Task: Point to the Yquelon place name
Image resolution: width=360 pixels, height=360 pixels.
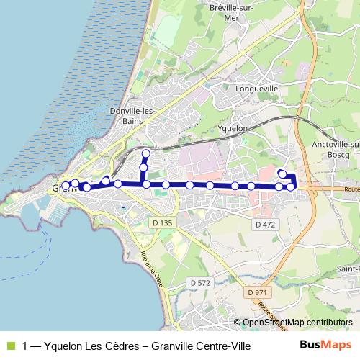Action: click(233, 128)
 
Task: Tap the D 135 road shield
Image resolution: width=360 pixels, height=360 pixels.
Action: click(163, 224)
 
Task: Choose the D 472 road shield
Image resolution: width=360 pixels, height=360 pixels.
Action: click(265, 225)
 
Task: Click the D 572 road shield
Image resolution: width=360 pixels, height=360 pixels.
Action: click(199, 283)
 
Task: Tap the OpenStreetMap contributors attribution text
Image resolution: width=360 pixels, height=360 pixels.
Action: click(297, 323)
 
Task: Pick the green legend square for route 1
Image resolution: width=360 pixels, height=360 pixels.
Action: click(9, 346)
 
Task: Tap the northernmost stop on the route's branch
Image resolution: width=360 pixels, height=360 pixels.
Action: click(145, 153)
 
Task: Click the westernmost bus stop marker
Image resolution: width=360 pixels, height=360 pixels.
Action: click(66, 186)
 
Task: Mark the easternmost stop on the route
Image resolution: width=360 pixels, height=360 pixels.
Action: click(291, 187)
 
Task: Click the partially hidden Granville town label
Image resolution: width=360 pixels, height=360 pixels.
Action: click(57, 189)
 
